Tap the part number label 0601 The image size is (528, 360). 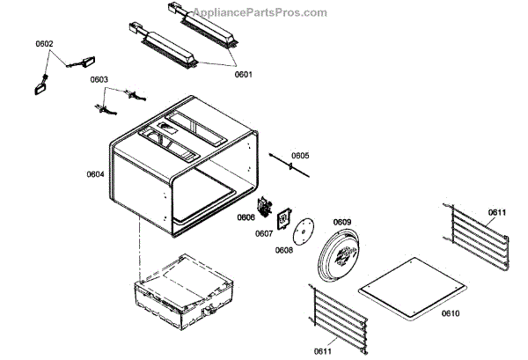[243, 75]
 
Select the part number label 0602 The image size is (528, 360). [44, 44]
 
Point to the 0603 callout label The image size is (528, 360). [99, 79]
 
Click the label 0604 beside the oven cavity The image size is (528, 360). [95, 174]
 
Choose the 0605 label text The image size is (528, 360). [300, 156]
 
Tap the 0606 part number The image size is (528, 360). [245, 217]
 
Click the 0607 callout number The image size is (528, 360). [264, 233]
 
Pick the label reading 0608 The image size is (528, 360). [283, 251]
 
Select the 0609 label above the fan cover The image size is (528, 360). [341, 222]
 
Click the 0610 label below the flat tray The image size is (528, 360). [450, 313]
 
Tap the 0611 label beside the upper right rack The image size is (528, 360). [497, 212]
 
